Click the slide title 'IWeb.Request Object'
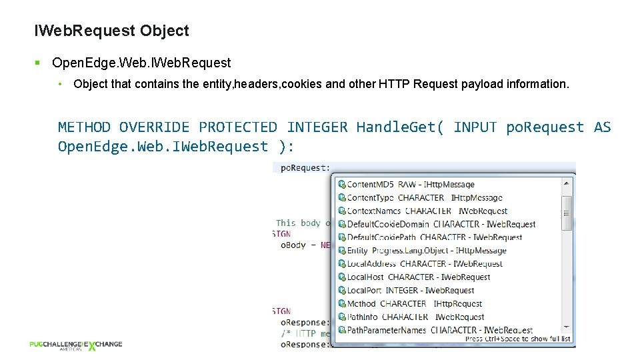point(111,31)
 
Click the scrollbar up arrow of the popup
point(567,183)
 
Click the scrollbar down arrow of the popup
point(567,329)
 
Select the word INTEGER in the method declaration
point(317,127)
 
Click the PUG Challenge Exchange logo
point(75,345)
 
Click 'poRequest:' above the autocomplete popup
point(305,168)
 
